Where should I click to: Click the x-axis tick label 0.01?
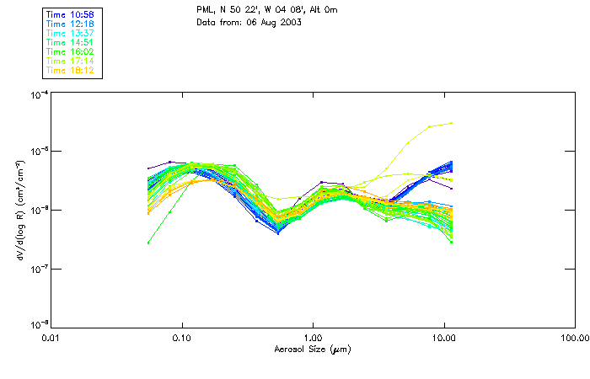[51, 337]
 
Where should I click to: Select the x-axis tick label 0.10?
[182, 337]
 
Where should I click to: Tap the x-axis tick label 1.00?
[313, 337]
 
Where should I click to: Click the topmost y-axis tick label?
[38, 94]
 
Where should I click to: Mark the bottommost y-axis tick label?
[38, 325]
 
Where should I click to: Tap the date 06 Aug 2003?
[278, 21]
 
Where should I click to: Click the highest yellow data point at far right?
[452, 123]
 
